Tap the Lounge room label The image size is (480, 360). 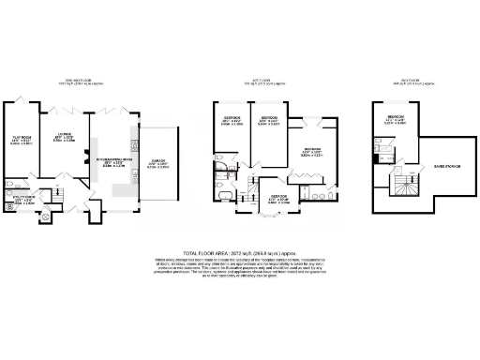click(63, 136)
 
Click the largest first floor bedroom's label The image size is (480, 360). click(314, 152)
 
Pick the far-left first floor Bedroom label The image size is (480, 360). click(233, 121)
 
